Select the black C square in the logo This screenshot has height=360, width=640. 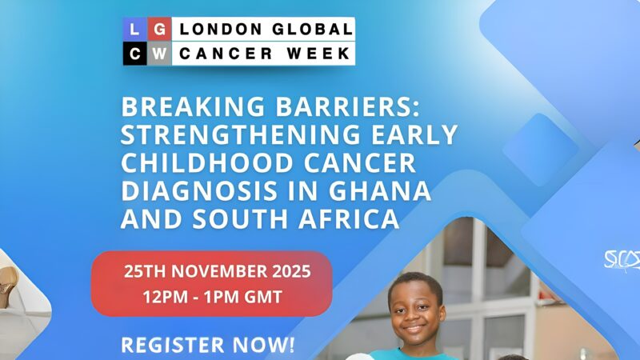(x=134, y=54)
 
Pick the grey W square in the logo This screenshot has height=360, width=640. (x=160, y=54)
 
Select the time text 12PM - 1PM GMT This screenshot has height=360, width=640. (x=212, y=297)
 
